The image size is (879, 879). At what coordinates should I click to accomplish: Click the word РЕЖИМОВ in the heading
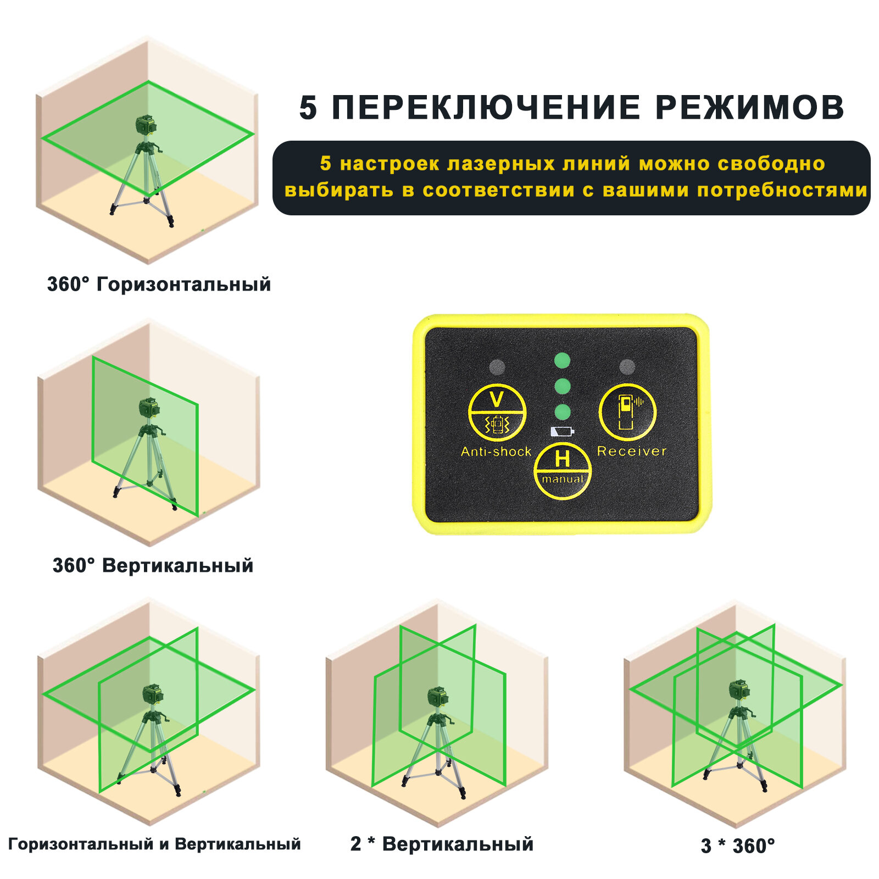[750, 107]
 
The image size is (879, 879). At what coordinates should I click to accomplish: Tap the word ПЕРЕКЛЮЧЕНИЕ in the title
[486, 107]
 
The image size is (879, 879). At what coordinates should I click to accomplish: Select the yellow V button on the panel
[497, 413]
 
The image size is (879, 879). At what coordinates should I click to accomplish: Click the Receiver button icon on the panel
[627, 411]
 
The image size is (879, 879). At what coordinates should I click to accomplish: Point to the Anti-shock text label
[496, 452]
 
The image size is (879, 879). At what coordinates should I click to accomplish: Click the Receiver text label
[631, 452]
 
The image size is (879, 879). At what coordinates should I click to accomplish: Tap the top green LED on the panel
[562, 361]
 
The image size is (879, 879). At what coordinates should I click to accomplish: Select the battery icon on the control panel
[562, 431]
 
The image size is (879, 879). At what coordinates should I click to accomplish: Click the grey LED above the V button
[497, 366]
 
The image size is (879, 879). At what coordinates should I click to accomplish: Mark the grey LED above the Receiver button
[627, 366]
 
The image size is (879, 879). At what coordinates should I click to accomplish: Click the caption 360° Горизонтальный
[159, 285]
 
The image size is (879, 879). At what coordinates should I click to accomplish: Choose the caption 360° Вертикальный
[153, 565]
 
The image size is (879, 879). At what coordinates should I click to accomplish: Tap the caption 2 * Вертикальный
[442, 844]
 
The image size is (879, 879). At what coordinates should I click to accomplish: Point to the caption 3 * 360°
[738, 846]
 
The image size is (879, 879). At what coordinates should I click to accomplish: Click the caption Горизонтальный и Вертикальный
[154, 844]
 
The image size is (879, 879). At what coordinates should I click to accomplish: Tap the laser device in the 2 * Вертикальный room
[438, 697]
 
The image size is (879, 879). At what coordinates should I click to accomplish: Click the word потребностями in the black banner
[782, 190]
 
